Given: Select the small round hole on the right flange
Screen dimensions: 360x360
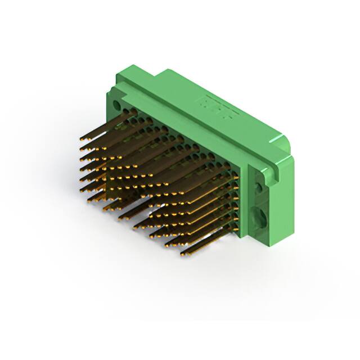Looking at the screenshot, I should click(x=260, y=186).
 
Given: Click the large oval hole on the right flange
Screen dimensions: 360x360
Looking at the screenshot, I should click(x=263, y=215).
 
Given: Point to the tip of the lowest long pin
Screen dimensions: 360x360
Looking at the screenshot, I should click(x=182, y=255).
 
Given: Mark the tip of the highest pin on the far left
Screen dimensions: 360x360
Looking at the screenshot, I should click(x=80, y=138).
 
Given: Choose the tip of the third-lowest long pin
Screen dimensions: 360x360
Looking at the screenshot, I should click(x=152, y=236).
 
